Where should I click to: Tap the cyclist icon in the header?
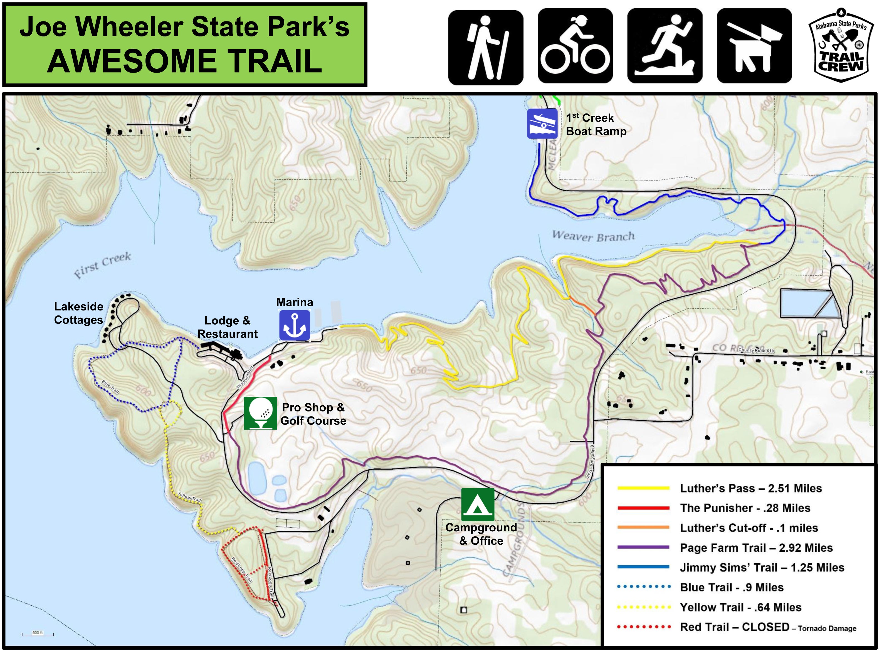point(575,47)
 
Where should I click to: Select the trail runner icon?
point(664,47)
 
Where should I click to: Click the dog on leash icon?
point(754,47)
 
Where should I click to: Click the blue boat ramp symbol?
point(542,124)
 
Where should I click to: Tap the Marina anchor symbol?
point(294,325)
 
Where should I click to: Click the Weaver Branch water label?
point(593,236)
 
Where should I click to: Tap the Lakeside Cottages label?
point(78,313)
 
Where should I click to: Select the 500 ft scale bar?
point(38,634)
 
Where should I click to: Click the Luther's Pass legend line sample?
point(643,488)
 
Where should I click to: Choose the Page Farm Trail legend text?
point(756,548)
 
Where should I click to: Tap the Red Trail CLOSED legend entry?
point(734,627)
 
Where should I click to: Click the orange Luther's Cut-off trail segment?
point(582,306)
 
